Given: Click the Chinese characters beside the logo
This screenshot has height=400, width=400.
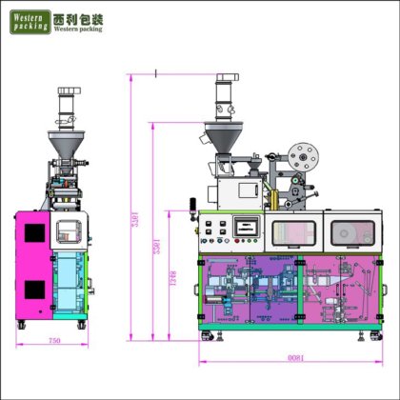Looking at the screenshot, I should tap(79, 17).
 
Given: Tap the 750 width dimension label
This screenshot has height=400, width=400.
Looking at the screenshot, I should tap(53, 341).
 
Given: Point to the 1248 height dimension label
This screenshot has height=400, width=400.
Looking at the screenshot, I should tap(173, 281).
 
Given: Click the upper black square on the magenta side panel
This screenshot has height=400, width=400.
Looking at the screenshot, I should tap(33, 233).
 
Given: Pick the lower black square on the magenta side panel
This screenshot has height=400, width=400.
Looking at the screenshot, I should tap(33, 289).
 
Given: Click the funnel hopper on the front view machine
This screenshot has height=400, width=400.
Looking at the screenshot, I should tap(225, 141).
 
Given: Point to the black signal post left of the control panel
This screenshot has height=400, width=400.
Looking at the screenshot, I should tap(190, 207).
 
